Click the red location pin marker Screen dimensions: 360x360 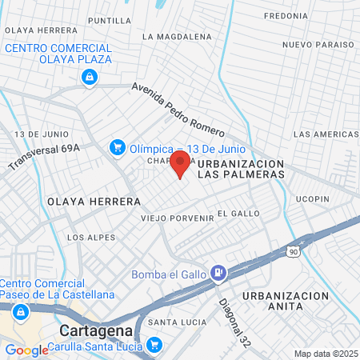click(x=179, y=165)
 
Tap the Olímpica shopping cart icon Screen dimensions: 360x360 click(x=118, y=147)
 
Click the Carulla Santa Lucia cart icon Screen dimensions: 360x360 click(x=153, y=346)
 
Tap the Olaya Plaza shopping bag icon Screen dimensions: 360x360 click(x=89, y=77)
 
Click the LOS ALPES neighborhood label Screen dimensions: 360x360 click(x=90, y=238)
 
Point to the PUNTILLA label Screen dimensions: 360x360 click(x=110, y=20)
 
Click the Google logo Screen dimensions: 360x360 click(x=26, y=350)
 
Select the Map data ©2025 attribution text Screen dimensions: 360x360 click(x=326, y=354)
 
